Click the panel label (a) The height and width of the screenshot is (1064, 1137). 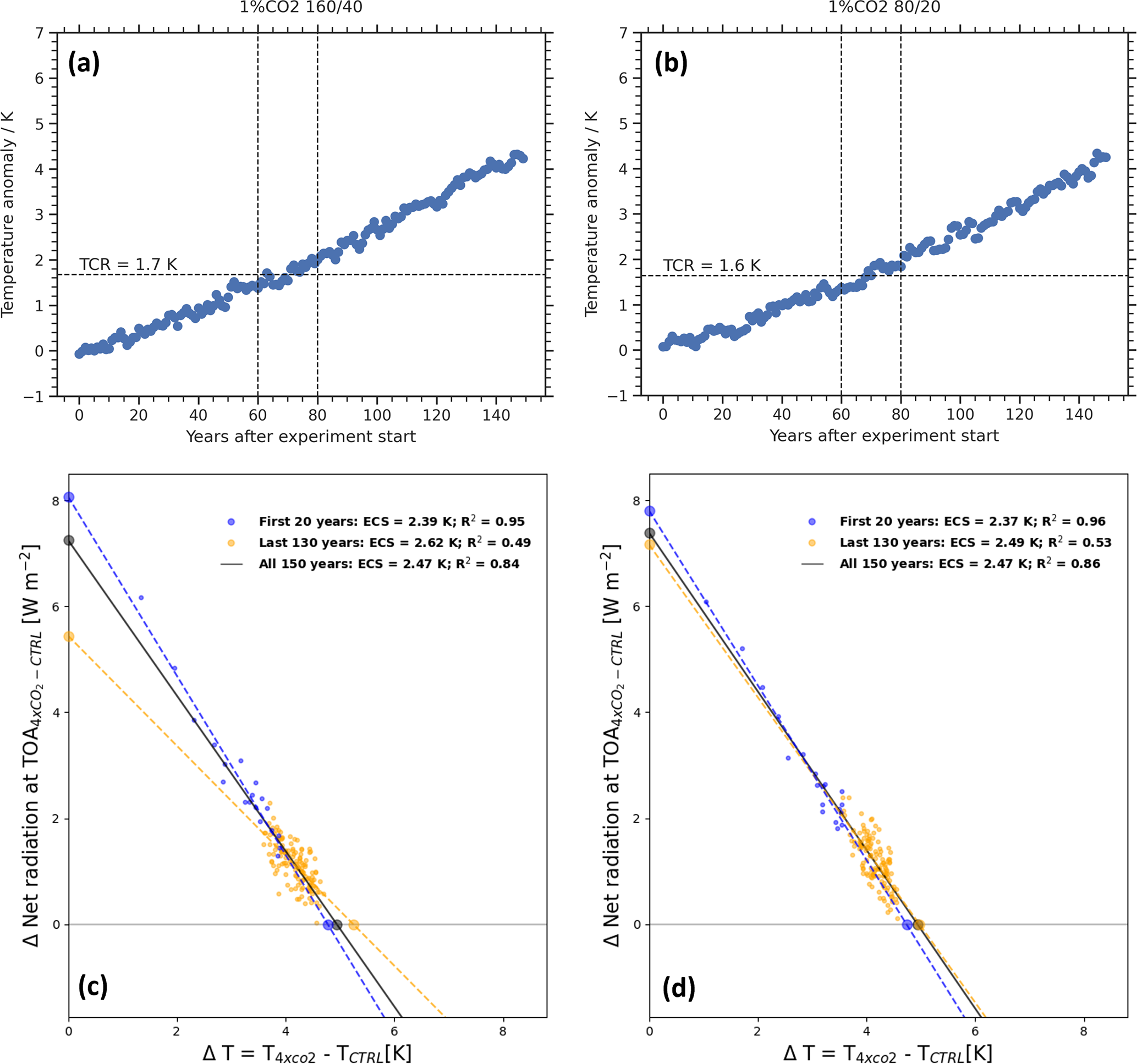pos(84,63)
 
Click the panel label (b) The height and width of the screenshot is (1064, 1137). pos(671,63)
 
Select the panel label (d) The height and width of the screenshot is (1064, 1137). pos(678,988)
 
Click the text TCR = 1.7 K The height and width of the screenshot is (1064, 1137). pos(128,264)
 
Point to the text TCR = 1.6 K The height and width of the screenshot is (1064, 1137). pos(711,266)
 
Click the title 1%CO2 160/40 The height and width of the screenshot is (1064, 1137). pos(301,7)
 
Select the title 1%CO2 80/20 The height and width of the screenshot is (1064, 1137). pos(884,7)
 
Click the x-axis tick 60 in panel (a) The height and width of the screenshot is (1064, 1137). pos(258,416)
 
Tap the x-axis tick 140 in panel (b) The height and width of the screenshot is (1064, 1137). pos(1079,415)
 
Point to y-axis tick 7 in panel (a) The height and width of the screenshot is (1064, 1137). pos(40,33)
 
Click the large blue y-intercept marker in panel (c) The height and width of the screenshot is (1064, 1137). pos(69,498)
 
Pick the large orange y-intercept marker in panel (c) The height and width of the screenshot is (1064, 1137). pos(69,637)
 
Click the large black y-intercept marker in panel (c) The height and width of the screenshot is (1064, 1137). pos(69,541)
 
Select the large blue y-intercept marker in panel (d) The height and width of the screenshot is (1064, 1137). pos(650,511)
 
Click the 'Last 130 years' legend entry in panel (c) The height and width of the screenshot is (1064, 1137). pos(394,543)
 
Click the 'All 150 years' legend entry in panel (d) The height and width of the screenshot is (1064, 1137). pos(969,564)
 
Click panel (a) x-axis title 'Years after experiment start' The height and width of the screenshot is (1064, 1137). pos(301,437)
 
